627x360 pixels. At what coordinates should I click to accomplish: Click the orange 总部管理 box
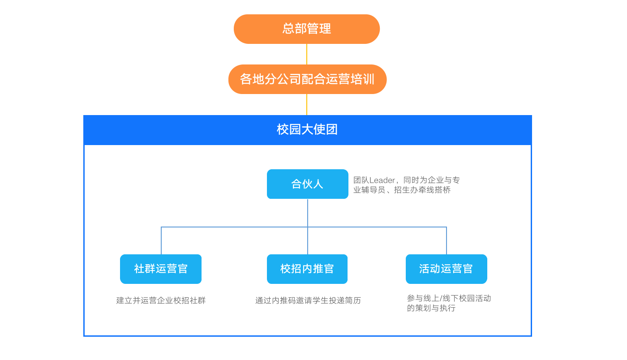pos(306,29)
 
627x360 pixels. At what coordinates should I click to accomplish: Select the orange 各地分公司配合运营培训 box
pos(307,79)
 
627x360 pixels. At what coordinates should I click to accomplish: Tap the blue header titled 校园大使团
pos(307,130)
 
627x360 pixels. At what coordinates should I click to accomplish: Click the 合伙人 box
pos(307,184)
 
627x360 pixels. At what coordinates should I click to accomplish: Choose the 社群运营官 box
pos(161,269)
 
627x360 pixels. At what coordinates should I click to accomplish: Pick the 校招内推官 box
pos(307,269)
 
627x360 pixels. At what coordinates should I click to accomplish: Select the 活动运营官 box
pos(446,269)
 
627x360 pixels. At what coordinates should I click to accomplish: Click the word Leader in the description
pos(382,180)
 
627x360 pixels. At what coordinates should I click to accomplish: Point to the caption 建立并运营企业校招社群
pos(161,300)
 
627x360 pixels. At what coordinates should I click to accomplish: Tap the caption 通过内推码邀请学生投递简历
pos(308,300)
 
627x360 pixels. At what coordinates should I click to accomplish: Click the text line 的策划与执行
pos(431,308)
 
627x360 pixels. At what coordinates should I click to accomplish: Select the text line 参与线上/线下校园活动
pos(449,298)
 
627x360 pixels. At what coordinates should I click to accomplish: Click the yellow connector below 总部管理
pos(307,54)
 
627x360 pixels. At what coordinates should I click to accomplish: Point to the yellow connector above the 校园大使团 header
pos(307,104)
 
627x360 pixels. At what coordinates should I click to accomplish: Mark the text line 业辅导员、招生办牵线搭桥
pos(402,190)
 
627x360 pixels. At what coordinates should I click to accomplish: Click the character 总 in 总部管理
pos(288,29)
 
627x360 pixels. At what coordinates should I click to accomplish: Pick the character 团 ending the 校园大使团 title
pos(332,130)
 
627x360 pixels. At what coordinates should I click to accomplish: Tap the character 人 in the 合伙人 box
pos(318,184)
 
